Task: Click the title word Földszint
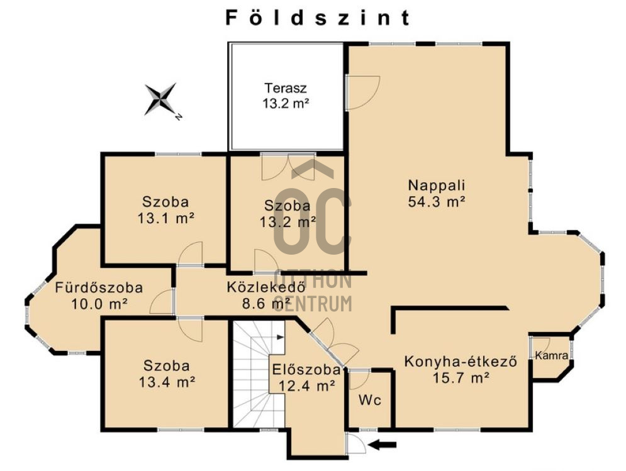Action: tap(318, 18)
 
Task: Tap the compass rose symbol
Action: tap(161, 100)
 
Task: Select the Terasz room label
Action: tap(286, 87)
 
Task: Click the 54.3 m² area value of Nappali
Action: tap(436, 202)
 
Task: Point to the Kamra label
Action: tap(552, 356)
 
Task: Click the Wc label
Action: tap(369, 400)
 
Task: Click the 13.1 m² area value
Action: tap(165, 218)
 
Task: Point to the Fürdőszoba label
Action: tap(99, 288)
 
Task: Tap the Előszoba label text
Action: tap(306, 370)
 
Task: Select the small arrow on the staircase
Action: tap(279, 338)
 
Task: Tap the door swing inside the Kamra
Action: tap(541, 344)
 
